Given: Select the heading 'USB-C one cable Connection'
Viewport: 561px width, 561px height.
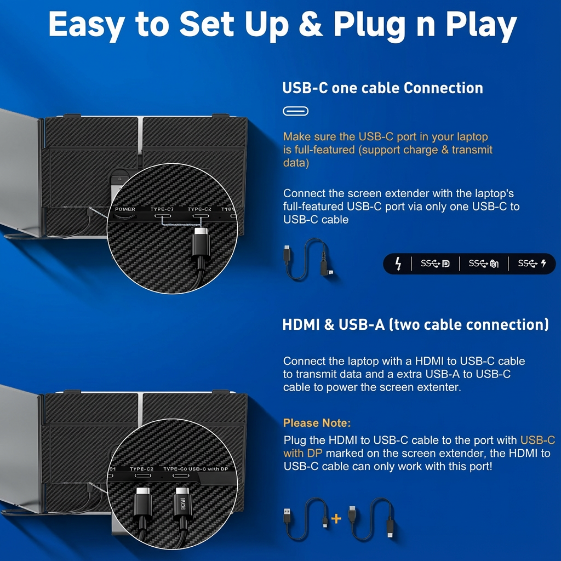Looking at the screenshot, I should coord(382,88).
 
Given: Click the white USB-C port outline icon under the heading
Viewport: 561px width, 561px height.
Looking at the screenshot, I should coord(295,111).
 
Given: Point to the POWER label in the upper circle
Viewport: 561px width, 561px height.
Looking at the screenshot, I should coord(125,209).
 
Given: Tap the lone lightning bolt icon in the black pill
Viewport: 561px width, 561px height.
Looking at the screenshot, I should coord(398,264).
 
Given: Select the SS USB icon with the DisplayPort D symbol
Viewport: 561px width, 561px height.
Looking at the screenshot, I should coord(435,264).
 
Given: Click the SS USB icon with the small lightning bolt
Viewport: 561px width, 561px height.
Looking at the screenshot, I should coord(532,264).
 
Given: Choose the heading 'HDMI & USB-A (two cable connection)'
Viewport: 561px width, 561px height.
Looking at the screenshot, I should coord(415,324).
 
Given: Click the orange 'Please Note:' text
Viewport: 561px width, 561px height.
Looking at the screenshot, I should coord(317,423).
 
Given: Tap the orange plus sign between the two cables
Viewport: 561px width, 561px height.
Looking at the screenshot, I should coord(336,518).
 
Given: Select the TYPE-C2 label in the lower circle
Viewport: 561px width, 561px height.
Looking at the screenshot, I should coord(141,469).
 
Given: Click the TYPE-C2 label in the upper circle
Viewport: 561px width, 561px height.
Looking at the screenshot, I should coord(199,209).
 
